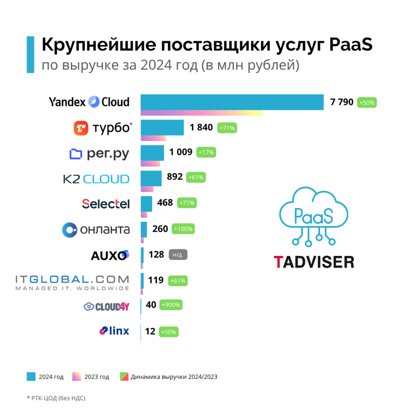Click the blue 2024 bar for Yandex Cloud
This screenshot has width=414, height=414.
tap(232, 102)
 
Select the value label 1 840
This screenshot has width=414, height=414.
tap(201, 128)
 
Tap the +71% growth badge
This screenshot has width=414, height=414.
tap(228, 128)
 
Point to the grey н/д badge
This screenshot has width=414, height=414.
tap(178, 255)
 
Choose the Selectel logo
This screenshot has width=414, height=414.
tap(106, 204)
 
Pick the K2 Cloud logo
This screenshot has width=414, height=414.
tap(96, 178)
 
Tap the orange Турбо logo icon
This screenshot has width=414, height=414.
tap(80, 128)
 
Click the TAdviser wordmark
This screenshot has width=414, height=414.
tap(313, 261)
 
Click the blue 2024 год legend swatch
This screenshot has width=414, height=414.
tap(31, 377)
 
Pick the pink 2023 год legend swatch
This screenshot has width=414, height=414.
tap(76, 377)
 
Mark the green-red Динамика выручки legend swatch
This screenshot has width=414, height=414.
tap(123, 377)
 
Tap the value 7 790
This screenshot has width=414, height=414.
tap(342, 103)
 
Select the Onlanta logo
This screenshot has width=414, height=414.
tap(96, 229)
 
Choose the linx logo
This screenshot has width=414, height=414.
tap(114, 331)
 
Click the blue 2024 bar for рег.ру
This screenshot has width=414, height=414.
tap(152, 153)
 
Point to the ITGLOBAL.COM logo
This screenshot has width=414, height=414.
tap(72, 282)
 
